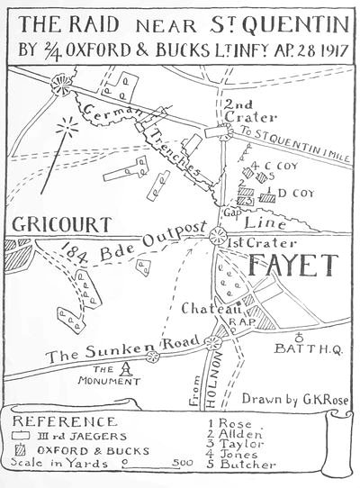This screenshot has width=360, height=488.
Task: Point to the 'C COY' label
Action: [x=271, y=166]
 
